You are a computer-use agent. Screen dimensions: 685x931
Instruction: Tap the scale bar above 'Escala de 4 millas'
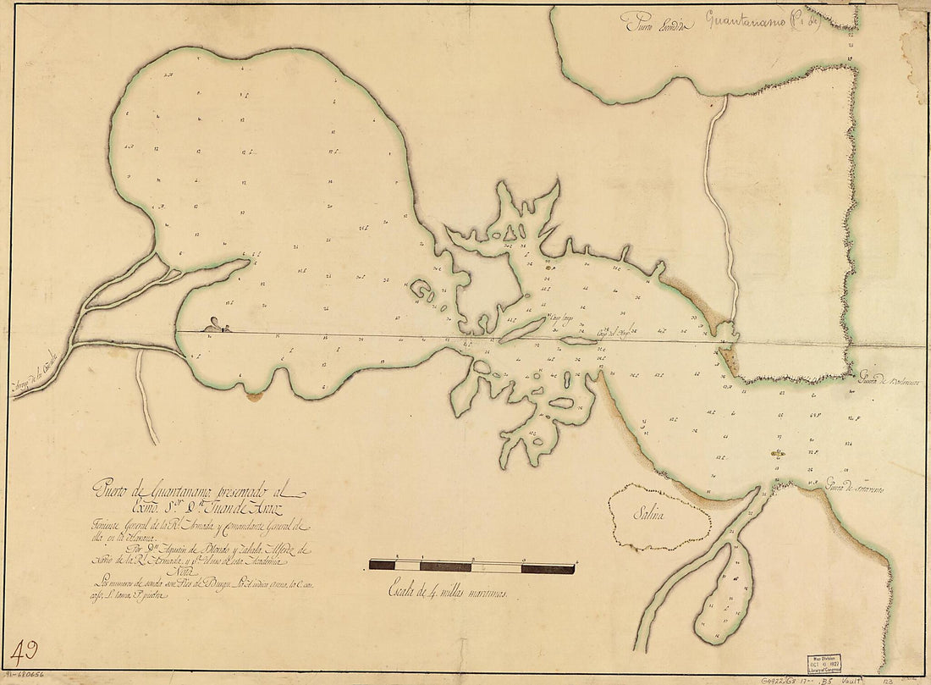[471, 566]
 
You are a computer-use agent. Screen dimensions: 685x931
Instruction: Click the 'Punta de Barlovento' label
[889, 380]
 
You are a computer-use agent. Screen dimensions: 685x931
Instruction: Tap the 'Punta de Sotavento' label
[855, 490]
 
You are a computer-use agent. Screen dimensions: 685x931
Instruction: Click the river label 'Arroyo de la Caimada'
[38, 373]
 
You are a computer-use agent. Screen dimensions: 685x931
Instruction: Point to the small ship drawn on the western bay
[217, 325]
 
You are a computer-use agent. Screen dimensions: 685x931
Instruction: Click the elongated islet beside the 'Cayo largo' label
[522, 330]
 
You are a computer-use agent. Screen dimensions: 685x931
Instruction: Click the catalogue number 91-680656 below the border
[29, 677]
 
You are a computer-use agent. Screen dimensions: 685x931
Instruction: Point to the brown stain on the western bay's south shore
[253, 395]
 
